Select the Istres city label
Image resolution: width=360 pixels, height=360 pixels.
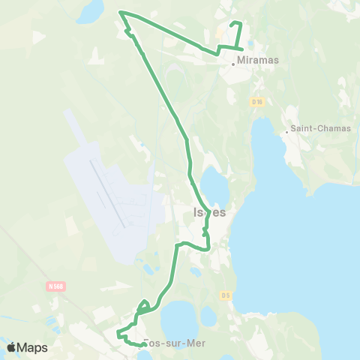[x=209, y=212]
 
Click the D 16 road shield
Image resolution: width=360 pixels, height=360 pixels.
[x=257, y=101]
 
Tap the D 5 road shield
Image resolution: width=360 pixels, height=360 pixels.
[x=226, y=295]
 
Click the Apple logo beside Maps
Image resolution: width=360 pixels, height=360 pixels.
[x=12, y=347]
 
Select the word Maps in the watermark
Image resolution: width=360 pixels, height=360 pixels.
[x=32, y=347]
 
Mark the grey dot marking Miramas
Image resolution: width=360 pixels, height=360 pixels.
[x=233, y=64]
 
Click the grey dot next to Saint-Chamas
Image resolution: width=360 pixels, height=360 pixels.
[x=286, y=133]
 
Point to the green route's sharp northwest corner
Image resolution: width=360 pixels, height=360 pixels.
[x=121, y=12]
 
